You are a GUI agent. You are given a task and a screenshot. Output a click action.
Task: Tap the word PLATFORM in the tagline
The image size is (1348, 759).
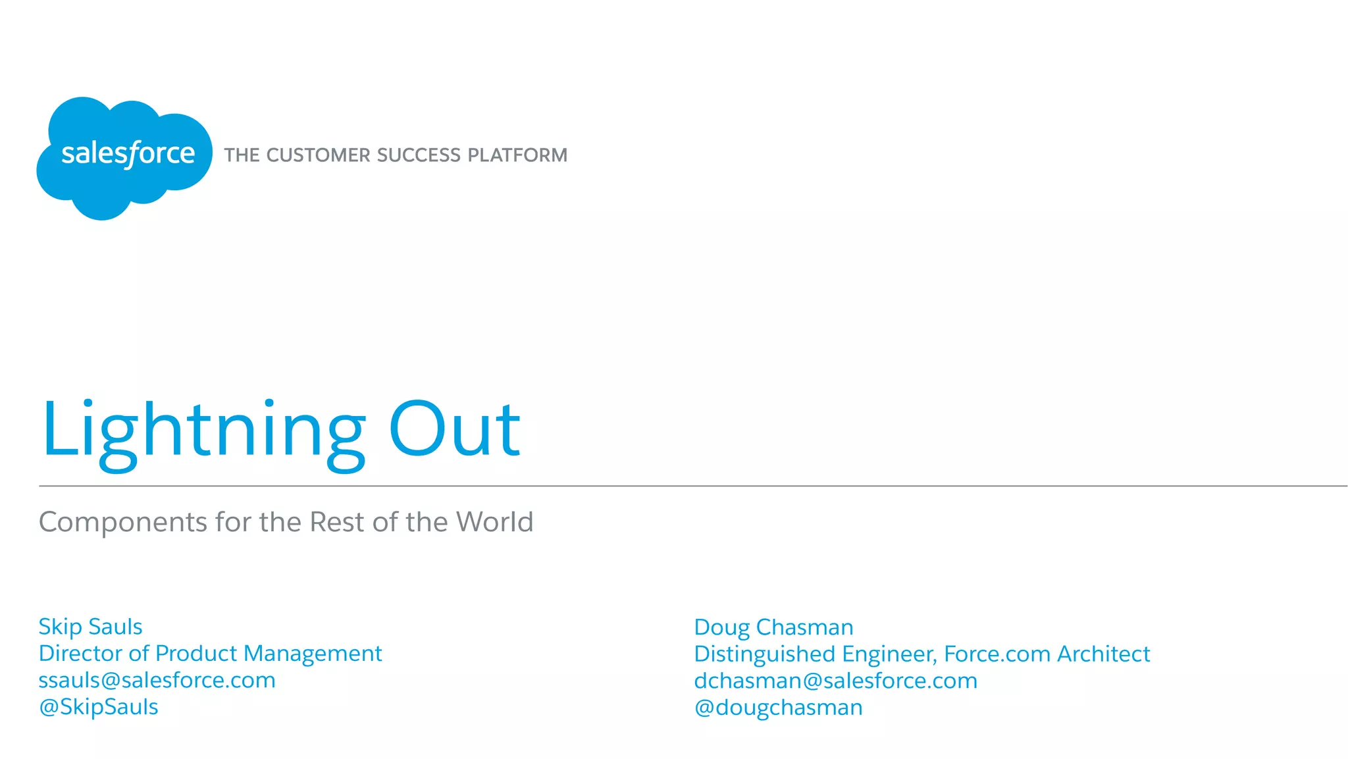517,155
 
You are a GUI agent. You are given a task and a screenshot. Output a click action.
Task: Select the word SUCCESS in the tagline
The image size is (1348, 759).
419,155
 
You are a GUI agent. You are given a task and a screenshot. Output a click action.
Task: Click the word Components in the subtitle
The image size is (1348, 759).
123,522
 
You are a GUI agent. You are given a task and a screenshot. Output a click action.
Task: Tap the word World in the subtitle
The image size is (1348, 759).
494,522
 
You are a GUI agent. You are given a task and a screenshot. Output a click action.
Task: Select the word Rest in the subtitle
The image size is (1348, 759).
336,522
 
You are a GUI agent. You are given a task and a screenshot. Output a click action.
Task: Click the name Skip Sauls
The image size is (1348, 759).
90,627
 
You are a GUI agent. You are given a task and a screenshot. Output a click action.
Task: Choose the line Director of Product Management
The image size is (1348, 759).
210,654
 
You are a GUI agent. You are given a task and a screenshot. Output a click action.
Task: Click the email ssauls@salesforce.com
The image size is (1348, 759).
157,680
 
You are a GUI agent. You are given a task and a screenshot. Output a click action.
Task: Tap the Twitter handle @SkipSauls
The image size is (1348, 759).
99,707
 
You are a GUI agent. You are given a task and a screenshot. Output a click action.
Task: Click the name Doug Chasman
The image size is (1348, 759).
773,627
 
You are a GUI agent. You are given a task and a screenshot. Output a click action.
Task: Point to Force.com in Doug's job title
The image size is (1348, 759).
997,654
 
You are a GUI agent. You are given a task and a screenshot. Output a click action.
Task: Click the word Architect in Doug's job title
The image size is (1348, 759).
1103,654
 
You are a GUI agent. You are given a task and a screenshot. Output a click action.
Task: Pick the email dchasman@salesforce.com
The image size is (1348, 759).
835,681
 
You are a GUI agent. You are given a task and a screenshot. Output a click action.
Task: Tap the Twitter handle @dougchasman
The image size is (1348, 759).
778,708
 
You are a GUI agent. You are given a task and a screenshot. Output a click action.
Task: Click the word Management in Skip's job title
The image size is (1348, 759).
313,654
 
